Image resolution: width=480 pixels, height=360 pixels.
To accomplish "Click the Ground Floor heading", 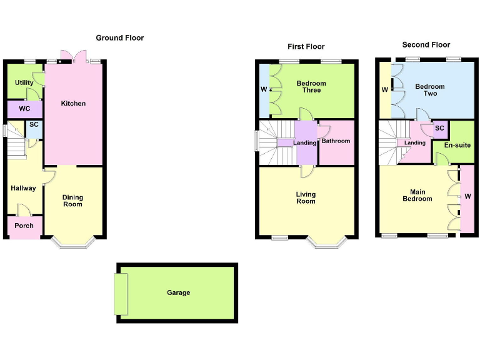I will coord(119,38).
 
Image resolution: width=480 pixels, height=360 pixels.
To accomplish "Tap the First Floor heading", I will coord(306,47).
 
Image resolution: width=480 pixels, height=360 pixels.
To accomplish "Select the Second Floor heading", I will coord(426,45).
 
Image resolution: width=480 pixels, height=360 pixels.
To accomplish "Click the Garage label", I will coord(178,292).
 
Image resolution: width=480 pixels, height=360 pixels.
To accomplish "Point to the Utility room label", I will coord(25,83).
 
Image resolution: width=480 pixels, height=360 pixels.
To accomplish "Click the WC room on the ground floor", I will coord(24,109).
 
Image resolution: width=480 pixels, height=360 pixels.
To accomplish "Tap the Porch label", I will coord(24,226).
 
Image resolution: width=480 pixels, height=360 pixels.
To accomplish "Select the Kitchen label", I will coord(73,103).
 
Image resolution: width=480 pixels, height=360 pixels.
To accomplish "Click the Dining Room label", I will coord(72,201).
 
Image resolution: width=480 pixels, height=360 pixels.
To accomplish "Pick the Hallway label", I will coord(23,188).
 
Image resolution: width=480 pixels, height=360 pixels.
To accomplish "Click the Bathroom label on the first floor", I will coord(336,141).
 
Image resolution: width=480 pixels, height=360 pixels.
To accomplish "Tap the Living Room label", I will coord(306,197).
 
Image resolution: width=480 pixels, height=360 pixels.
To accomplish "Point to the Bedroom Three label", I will coord(311,87).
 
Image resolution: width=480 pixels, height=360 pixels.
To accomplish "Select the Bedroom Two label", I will coord(430,90).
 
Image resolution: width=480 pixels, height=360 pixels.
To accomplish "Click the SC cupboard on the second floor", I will coord(439,128).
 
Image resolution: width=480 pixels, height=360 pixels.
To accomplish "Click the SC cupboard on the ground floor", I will coord(34,125).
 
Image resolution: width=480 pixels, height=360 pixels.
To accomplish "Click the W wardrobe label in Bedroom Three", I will coord(263,90).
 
